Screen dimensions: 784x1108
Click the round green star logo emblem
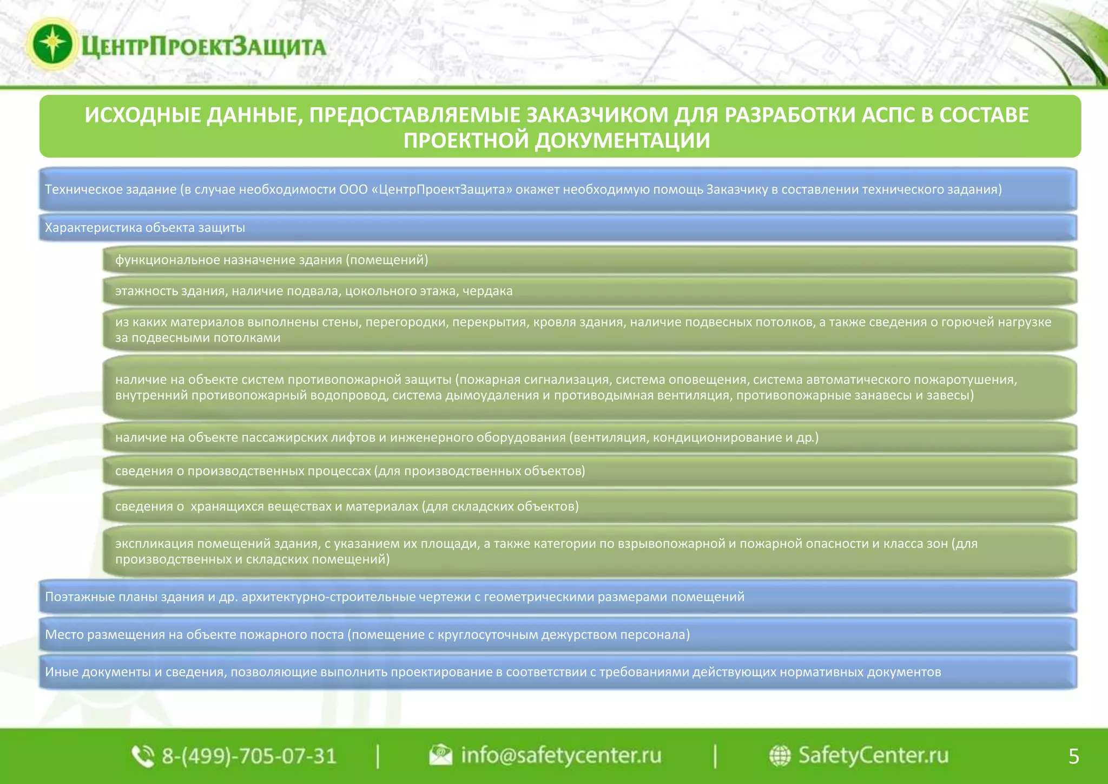tap(52, 44)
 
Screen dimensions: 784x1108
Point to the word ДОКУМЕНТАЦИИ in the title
tap(622, 141)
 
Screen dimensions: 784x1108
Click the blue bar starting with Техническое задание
tap(557, 190)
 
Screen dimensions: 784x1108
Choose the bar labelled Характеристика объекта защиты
tap(557, 227)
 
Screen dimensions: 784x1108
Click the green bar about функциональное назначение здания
tap(590, 260)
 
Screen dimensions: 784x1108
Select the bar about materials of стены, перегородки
tap(590, 330)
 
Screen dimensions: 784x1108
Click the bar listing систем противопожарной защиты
tap(590, 387)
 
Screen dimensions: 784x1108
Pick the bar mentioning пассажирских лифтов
tap(590, 437)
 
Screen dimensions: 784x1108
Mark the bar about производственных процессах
tap(590, 471)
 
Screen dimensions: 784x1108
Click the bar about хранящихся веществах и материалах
tap(590, 506)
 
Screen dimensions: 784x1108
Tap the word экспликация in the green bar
tap(154, 544)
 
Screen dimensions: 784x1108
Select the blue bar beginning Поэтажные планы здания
tap(557, 597)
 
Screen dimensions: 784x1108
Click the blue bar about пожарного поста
tap(557, 635)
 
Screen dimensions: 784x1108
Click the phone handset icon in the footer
tap(143, 756)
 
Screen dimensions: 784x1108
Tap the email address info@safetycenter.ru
tap(560, 755)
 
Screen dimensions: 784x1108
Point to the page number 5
tap(1074, 756)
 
